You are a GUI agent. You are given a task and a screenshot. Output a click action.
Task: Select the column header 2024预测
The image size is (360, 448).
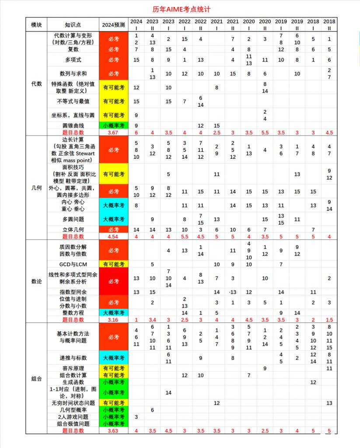tap(113, 24)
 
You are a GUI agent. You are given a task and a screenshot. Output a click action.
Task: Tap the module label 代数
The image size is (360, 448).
tap(36, 83)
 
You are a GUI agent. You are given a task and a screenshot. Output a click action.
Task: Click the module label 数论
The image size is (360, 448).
tap(36, 281)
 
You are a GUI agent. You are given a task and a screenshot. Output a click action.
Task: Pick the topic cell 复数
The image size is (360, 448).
tap(73, 49)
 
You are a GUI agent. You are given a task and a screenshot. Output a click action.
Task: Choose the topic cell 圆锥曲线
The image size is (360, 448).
tap(73, 126)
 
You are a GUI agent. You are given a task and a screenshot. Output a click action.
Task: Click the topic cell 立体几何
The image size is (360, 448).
tap(73, 229)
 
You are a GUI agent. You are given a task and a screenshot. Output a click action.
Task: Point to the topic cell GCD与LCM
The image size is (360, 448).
tap(73, 264)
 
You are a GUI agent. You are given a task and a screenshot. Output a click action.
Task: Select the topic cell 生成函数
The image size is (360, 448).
tap(73, 382)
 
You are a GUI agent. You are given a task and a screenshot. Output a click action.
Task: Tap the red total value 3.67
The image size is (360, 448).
tap(113, 132)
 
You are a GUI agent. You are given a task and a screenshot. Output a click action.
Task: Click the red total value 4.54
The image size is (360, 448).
tap(113, 236)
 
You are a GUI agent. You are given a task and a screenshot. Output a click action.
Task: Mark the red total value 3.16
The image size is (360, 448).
tap(113, 319)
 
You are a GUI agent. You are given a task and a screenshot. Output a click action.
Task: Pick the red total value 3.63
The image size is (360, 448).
tap(113, 430)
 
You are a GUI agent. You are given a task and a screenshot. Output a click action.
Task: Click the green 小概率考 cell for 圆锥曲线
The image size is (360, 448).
tap(113, 126)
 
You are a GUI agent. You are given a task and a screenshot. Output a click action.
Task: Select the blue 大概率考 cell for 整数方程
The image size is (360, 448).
tap(113, 313)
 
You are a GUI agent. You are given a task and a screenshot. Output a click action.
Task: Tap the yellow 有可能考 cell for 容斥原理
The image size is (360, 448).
tap(113, 368)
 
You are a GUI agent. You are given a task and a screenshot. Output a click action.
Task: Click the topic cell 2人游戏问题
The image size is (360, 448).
tap(73, 417)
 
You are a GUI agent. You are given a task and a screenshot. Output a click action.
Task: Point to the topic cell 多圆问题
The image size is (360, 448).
tap(73, 219)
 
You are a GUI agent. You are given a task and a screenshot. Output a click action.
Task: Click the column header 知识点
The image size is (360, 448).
tap(73, 24)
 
